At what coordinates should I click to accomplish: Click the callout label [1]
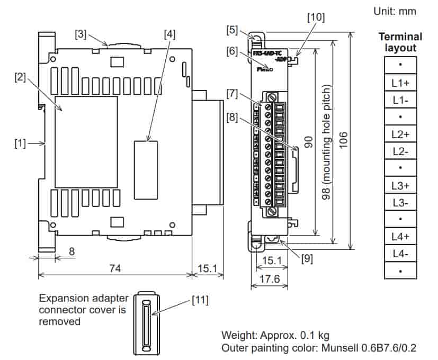click(x=20, y=143)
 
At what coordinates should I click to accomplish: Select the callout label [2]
click(x=21, y=77)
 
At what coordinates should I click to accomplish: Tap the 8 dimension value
click(x=71, y=252)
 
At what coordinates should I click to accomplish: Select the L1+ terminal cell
click(x=400, y=82)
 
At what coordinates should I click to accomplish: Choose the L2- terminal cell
click(x=400, y=151)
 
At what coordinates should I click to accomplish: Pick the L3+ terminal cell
click(x=400, y=185)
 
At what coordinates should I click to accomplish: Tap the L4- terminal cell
click(x=400, y=254)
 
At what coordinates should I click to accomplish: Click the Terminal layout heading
click(x=400, y=42)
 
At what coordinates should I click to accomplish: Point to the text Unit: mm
click(x=395, y=11)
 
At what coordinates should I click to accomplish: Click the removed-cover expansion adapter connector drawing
click(x=145, y=322)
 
